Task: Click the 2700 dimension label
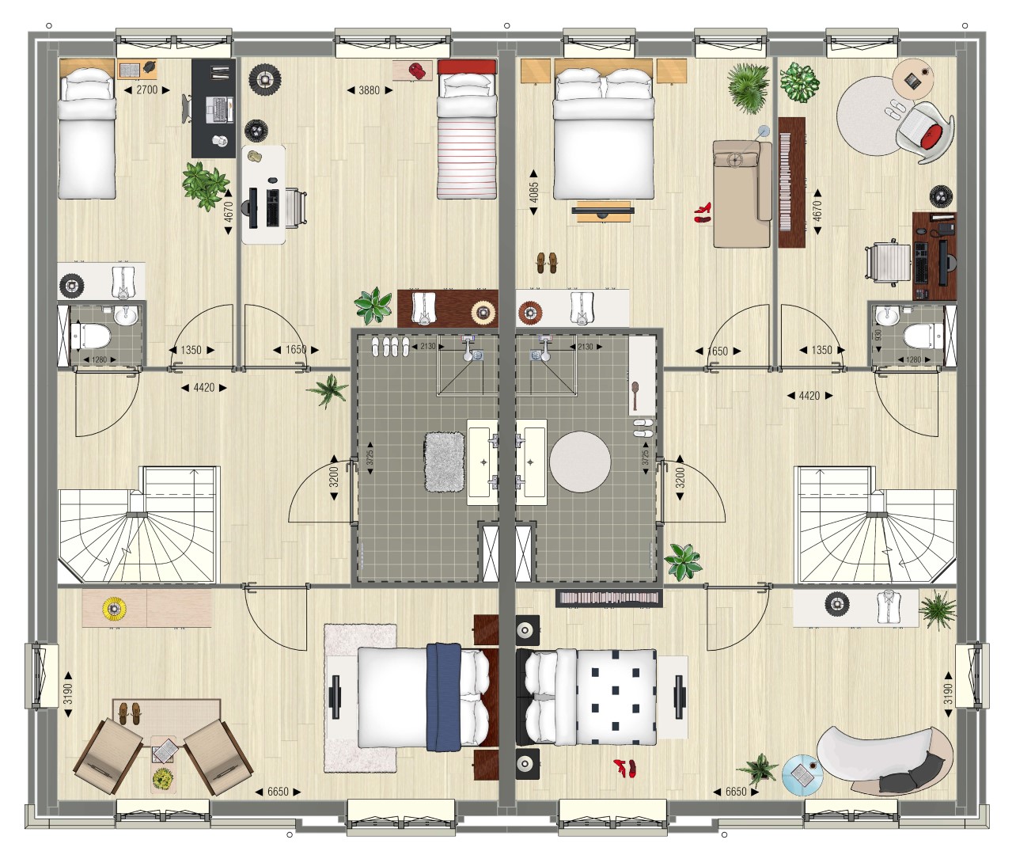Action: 147,90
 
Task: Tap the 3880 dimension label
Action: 370,90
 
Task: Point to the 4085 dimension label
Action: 534,192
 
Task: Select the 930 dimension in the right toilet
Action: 878,336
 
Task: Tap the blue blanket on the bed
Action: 444,697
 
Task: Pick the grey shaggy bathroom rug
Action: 444,462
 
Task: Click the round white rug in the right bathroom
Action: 580,462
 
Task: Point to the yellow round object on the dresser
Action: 114,608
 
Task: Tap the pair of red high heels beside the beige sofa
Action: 703,213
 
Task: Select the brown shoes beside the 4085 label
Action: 547,263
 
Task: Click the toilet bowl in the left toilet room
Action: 92,336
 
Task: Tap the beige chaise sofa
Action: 742,194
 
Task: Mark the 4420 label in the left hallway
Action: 204,388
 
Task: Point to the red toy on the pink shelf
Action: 417,70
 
